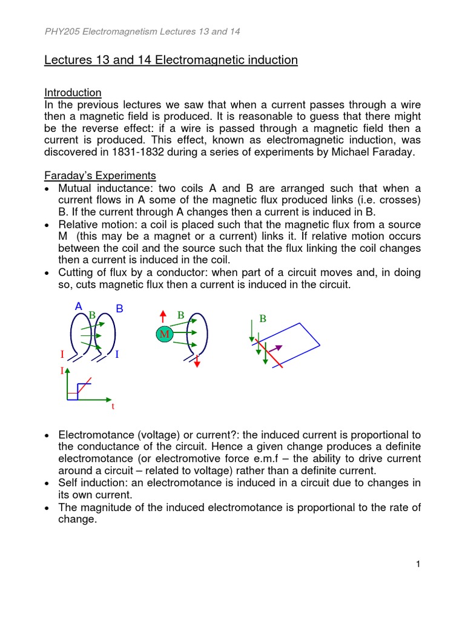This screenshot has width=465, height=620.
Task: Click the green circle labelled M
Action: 164,335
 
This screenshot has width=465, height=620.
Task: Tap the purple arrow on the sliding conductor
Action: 275,349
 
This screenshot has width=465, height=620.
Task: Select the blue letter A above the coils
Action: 78,307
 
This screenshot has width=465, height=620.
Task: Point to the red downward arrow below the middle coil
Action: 197,361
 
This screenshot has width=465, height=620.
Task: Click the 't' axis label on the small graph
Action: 113,407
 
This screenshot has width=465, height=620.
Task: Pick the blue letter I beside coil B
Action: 116,354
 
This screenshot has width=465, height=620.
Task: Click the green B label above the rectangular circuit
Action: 262,318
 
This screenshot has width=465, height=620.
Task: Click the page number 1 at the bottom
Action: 418,565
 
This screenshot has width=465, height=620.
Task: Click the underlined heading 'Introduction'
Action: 73,93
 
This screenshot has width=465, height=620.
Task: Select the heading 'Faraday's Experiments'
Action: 100,176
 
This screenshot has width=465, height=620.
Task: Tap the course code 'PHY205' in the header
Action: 62,31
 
